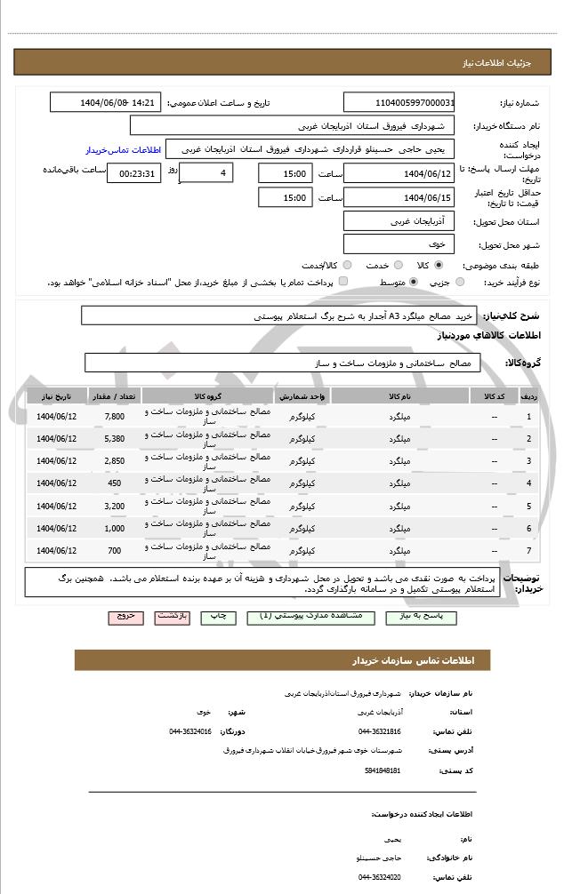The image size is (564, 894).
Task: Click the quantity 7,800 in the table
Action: point(115,416)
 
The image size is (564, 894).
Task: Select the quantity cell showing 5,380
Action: point(115,438)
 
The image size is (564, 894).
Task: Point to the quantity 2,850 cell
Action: point(115,460)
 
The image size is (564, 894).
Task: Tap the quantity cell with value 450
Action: point(115,483)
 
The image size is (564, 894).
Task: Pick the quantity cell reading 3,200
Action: point(115,506)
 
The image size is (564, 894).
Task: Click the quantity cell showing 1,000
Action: point(115,528)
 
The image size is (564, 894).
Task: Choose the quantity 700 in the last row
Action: point(115,550)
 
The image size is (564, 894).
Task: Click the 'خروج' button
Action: point(125,616)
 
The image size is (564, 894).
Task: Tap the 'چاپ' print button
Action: point(217,616)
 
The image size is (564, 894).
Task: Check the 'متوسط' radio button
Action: point(401,282)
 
